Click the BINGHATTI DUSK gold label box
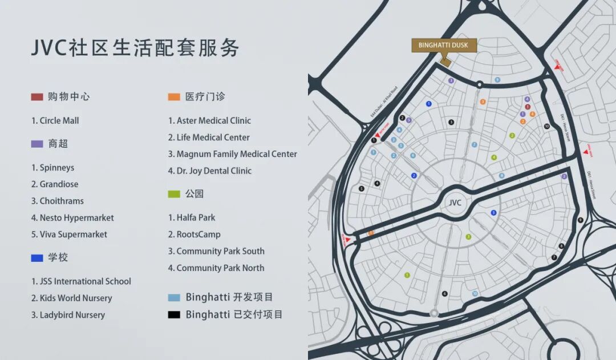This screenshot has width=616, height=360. tap(444, 45)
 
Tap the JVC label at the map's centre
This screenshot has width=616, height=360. tap(455, 203)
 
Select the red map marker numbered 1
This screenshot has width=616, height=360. tap(528, 107)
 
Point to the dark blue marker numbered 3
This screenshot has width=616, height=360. tap(493, 213)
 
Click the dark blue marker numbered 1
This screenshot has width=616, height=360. tap(428, 103)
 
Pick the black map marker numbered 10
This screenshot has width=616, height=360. tap(546, 126)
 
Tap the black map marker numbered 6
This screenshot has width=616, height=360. tap(444, 294)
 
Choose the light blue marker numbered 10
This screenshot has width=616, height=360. tap(475, 294)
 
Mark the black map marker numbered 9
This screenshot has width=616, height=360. tap(580, 220)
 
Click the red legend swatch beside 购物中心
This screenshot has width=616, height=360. tap(37, 97)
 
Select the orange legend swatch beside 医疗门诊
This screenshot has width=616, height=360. tap(174, 97)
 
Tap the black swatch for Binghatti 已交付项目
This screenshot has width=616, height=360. tap(174, 314)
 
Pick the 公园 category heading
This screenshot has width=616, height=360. tap(194, 194)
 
